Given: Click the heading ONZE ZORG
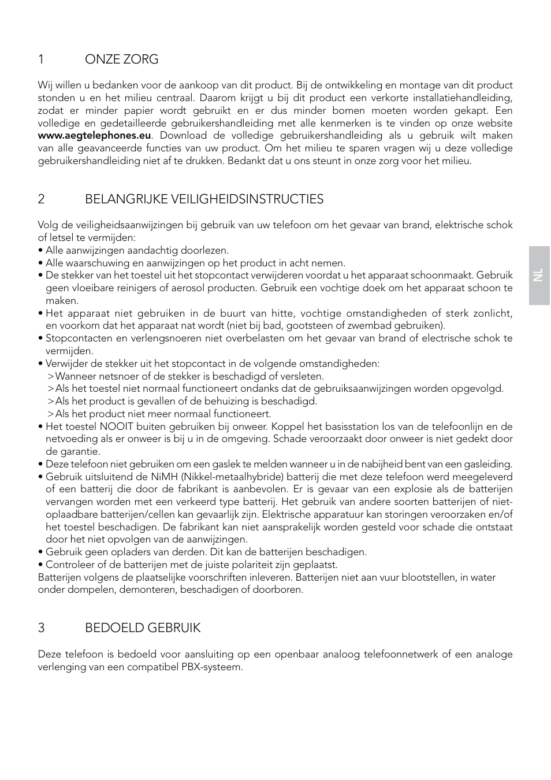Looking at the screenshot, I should pyautogui.click(x=121, y=60).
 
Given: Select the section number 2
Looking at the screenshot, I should pyautogui.click(x=41, y=199).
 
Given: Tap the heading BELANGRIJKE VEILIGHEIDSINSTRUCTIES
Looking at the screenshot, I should pyautogui.click(x=204, y=199).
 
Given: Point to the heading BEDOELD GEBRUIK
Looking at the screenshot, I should pyautogui.click(x=143, y=628).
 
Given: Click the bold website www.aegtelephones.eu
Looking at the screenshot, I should pyautogui.click(x=94, y=136).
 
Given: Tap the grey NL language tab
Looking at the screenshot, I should pyautogui.click(x=538, y=275).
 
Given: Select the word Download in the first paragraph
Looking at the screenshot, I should pyautogui.click(x=183, y=136).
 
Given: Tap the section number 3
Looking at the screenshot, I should pyautogui.click(x=41, y=628).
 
